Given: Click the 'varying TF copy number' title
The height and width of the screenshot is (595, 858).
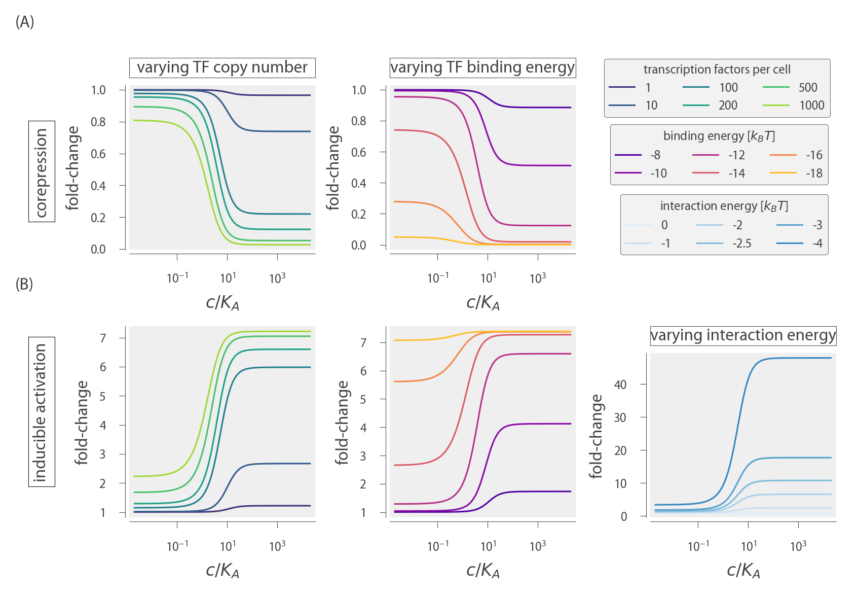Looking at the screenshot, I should pos(222,67).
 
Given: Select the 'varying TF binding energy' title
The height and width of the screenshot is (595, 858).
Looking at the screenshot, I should pos(482,67).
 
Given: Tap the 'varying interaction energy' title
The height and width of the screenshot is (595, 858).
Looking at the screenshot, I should pos(743,335).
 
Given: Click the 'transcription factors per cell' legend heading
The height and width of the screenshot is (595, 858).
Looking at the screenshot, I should pos(717,69).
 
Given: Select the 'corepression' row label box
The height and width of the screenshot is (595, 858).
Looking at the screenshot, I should pos(42,171).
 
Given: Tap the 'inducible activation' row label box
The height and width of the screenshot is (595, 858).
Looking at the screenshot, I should pos(42,412).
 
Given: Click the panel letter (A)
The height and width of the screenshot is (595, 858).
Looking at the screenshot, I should pos(25,22).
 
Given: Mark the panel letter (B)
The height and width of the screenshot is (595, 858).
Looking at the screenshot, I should pos(24,284).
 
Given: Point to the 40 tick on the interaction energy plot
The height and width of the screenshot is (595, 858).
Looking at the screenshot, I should pos(620,384).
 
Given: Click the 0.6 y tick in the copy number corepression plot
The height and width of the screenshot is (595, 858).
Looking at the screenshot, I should pos(98,154).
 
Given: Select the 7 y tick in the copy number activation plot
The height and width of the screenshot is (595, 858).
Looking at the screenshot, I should pos(103,338).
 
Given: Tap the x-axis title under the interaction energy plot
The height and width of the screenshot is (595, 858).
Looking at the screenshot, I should pos(743,570).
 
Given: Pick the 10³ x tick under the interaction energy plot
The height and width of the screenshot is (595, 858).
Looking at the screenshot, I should pos(798,546).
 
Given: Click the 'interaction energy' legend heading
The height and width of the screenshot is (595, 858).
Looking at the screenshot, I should pos(724,206).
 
